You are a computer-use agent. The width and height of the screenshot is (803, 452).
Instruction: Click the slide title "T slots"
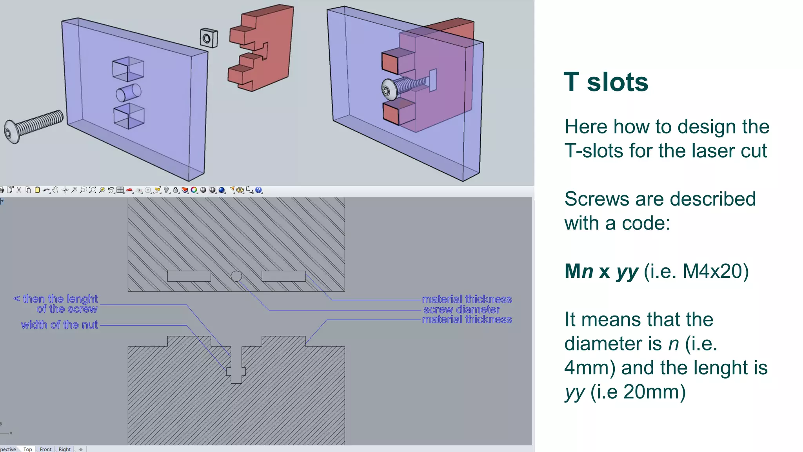point(606,82)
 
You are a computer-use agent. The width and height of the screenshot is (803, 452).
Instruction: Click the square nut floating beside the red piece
point(209,38)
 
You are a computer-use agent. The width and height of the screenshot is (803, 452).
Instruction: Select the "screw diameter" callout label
point(461,310)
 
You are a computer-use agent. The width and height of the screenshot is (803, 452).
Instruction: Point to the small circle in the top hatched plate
point(236,276)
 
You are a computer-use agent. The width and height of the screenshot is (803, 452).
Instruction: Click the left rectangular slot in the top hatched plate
point(189,276)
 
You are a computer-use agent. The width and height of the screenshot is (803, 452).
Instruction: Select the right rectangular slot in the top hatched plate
point(283,276)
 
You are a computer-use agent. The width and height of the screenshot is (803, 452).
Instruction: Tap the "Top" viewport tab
point(27,449)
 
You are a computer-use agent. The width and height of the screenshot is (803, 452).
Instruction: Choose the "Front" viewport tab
point(45,449)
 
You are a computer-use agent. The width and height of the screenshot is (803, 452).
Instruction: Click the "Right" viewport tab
point(65,449)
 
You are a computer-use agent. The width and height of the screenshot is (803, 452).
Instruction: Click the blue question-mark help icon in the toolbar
point(258,190)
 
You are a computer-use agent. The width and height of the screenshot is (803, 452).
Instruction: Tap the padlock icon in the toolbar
point(176,190)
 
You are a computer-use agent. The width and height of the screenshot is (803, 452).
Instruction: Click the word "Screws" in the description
point(596,199)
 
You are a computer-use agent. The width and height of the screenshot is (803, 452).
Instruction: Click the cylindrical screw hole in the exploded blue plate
point(128,93)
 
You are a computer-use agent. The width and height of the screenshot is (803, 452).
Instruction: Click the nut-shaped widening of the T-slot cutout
point(236,371)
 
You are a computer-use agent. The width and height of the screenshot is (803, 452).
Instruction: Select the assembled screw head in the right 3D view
point(388,89)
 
